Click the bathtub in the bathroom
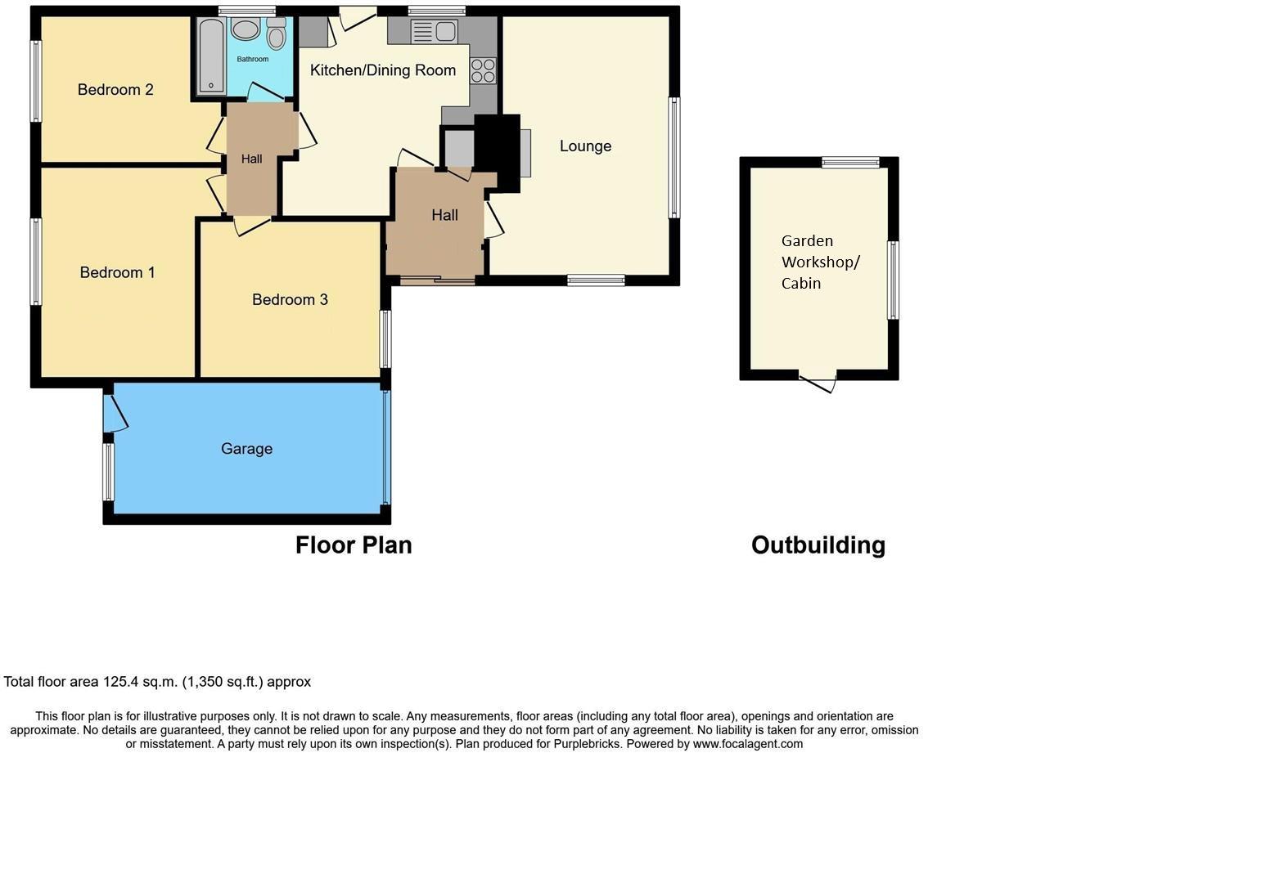pos(211,56)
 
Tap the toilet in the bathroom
pos(276,34)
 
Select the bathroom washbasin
pos(245,29)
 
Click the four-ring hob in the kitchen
pos(483,70)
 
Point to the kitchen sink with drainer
pos(434,32)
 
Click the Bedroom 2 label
pos(115,90)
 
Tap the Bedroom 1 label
pos(117,273)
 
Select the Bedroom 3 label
pos(290,300)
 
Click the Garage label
pos(246,449)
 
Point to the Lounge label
pos(585,146)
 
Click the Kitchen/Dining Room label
pos(383,70)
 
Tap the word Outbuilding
pos(818,545)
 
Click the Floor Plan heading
pos(354,545)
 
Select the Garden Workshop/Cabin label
pos(819,262)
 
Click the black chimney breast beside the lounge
pos(498,150)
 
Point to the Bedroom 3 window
pos(385,338)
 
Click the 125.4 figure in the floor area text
pos(119,682)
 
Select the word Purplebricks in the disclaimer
pos(588,744)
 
